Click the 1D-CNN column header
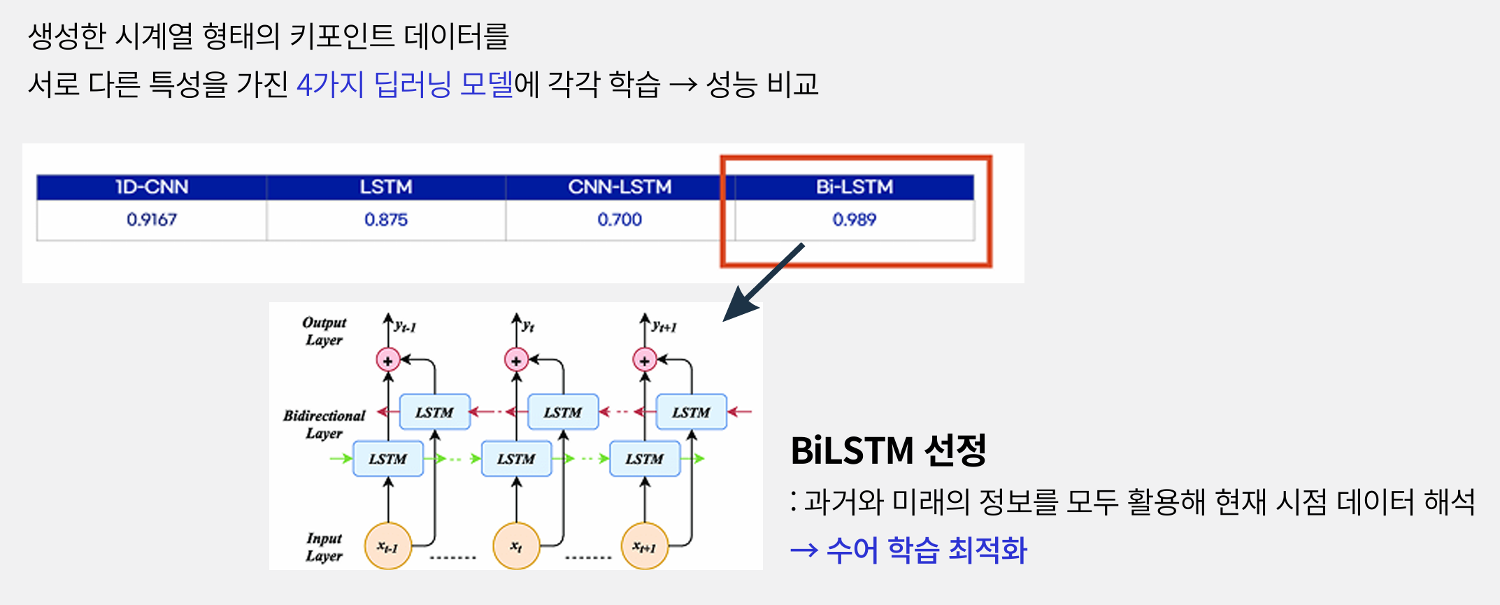(152, 187)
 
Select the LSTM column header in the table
(386, 187)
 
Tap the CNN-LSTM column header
(620, 187)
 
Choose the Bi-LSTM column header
(855, 187)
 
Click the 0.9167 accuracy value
(152, 220)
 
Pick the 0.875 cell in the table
(386, 220)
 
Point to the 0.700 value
(620, 220)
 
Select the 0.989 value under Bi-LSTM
(855, 220)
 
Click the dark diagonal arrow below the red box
(764, 282)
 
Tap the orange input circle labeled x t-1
(387, 546)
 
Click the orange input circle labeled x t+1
(644, 546)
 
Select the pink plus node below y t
(516, 360)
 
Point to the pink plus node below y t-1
(387, 360)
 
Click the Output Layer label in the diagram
(324, 332)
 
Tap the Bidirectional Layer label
(324, 424)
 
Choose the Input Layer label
(324, 547)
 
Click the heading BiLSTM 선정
(888, 450)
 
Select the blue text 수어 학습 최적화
(927, 550)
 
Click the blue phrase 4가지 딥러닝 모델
(405, 85)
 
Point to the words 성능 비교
(762, 85)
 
